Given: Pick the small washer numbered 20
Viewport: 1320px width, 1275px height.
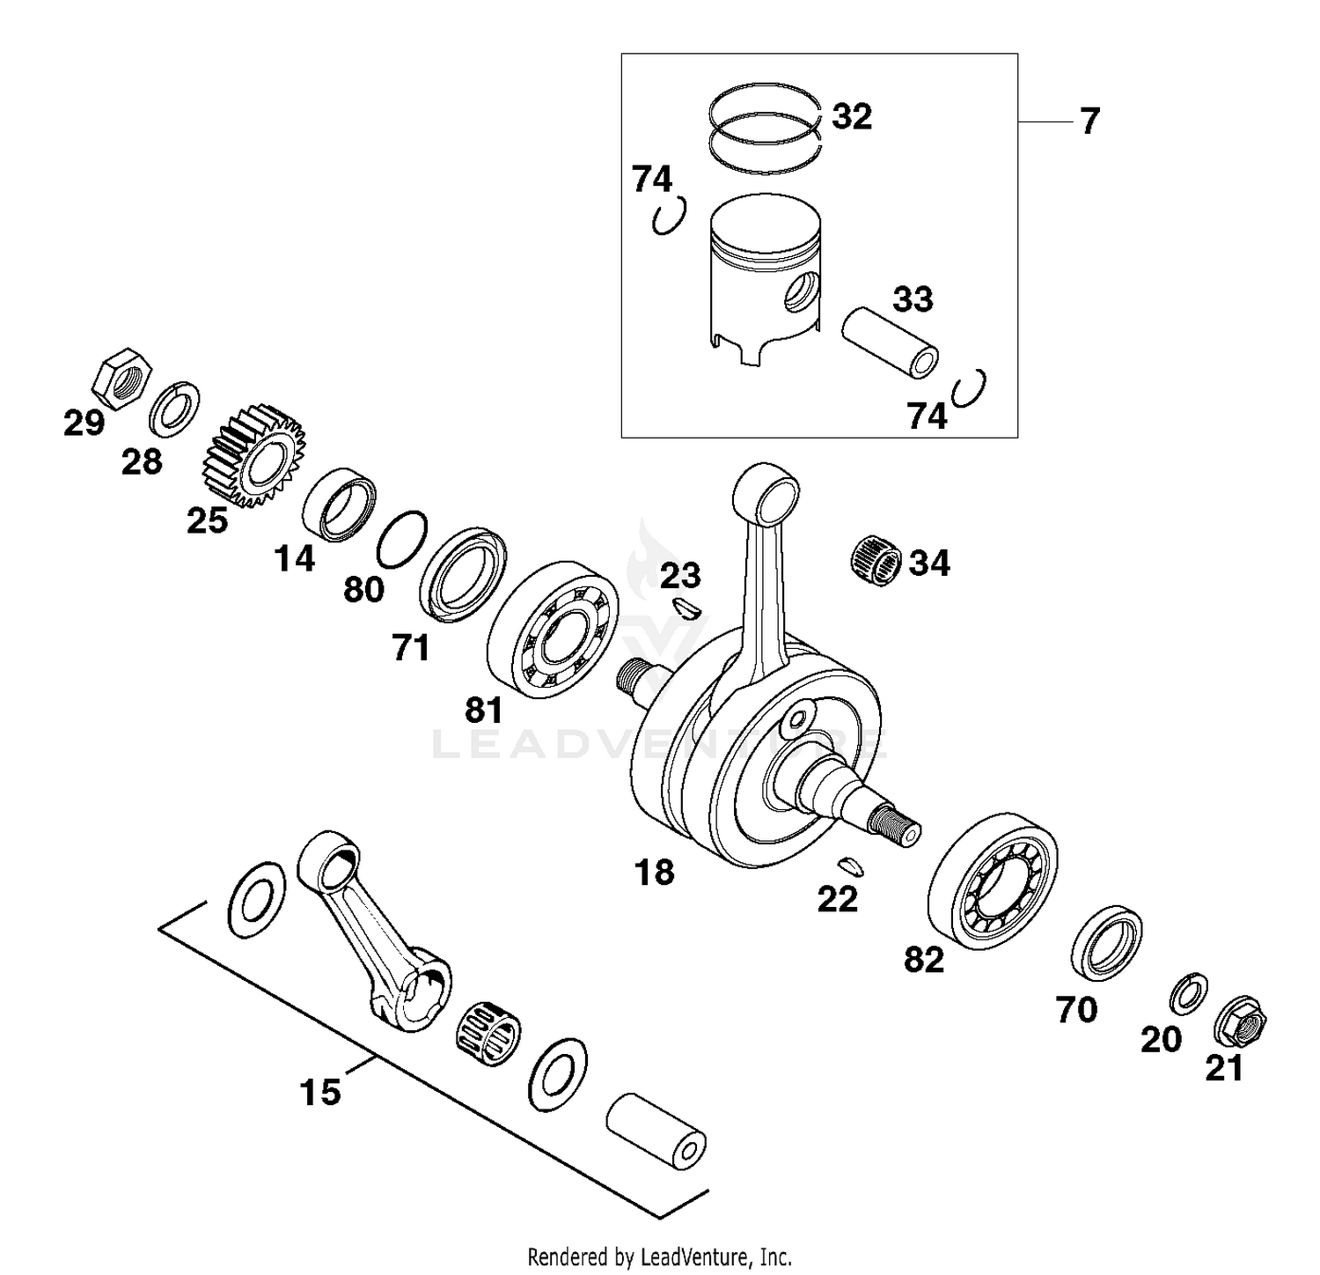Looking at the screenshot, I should [x=1188, y=993].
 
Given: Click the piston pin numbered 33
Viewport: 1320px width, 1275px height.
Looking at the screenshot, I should [x=890, y=343].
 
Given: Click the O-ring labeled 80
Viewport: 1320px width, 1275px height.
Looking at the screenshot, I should [x=402, y=539].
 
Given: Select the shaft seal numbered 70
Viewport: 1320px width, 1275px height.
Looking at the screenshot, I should [x=1108, y=942].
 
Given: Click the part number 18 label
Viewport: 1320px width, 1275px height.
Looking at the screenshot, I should [x=654, y=873].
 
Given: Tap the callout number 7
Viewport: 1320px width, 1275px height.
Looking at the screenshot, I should [x=1089, y=121].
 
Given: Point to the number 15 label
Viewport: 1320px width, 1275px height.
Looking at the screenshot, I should [x=320, y=1092].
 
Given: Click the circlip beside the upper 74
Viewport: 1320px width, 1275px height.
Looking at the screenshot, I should [x=669, y=216].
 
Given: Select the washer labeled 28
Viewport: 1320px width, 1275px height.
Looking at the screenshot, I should [x=174, y=408].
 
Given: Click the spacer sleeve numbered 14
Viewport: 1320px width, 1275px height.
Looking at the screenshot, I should [x=339, y=505].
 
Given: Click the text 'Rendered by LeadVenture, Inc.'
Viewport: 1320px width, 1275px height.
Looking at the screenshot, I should [x=659, y=1256].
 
